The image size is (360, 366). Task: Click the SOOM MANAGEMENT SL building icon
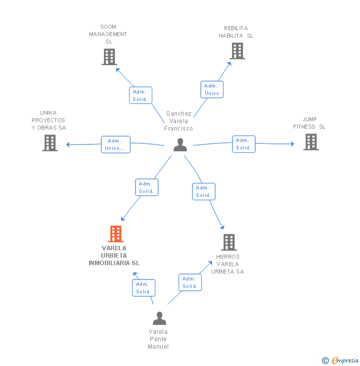(109, 57)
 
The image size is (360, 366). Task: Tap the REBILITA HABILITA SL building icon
(237, 50)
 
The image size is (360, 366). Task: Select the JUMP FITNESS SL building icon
(311, 142)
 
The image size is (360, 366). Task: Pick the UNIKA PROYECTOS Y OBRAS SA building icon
(50, 143)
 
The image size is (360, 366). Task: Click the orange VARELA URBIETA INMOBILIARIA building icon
(115, 234)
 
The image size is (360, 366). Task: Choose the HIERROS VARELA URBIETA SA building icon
(228, 242)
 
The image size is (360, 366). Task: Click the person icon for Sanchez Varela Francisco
(180, 145)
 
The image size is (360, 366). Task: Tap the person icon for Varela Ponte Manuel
(159, 318)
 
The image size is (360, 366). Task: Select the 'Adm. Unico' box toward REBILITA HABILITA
(212, 90)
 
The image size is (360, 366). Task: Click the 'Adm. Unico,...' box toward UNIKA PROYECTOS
(116, 144)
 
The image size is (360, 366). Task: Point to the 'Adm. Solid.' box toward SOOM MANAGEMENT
(140, 95)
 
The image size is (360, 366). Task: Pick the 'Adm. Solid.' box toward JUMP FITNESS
(243, 144)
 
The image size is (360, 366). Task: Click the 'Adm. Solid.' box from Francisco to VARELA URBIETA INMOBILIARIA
(146, 187)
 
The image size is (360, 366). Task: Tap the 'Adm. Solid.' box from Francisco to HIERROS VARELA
(203, 191)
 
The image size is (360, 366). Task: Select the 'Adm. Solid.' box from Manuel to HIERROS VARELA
(190, 282)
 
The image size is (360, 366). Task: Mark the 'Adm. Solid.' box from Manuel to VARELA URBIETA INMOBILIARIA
(143, 288)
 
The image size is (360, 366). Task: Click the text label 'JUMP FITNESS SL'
(310, 123)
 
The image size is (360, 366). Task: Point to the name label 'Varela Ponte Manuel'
(158, 339)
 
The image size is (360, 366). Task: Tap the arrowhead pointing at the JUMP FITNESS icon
(292, 144)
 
